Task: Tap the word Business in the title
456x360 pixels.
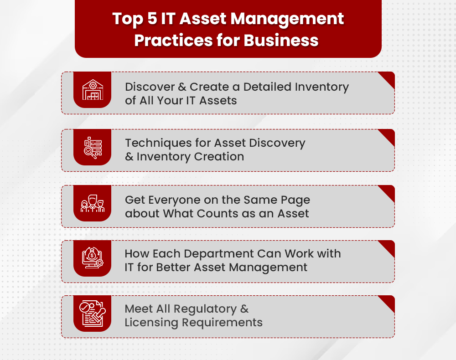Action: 281,40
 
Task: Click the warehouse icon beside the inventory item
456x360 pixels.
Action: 92,90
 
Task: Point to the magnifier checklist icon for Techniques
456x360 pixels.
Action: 92,147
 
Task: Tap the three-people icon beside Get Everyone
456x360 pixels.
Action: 92,203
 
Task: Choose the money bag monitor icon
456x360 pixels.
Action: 92,258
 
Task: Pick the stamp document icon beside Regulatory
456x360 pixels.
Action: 92,314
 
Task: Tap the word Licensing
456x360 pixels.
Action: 152,323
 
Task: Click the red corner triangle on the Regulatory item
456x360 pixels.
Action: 388,302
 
